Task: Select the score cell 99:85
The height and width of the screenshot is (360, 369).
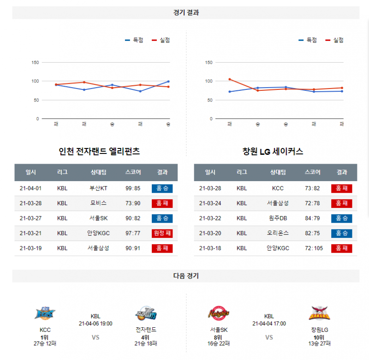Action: pyautogui.click(x=132, y=188)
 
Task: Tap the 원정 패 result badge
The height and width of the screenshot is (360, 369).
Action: pyautogui.click(x=161, y=233)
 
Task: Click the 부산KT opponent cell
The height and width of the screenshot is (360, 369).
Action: pyautogui.click(x=98, y=188)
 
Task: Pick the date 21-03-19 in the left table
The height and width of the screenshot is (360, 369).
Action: pyautogui.click(x=31, y=248)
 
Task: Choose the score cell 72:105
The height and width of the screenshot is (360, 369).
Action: pyautogui.click(x=313, y=248)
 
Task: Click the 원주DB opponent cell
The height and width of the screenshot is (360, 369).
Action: pyautogui.click(x=278, y=218)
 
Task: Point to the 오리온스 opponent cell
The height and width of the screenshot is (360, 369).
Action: pyautogui.click(x=278, y=233)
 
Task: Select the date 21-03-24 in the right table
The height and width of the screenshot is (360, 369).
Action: pyautogui.click(x=210, y=203)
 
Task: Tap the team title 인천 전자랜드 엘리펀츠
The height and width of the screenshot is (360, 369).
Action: pyautogui.click(x=99, y=151)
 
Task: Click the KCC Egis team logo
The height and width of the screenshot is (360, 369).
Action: pyautogui.click(x=45, y=314)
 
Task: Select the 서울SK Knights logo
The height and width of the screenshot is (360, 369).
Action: pyautogui.click(x=218, y=314)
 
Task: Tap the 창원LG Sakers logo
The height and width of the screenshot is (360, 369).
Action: pyautogui.click(x=319, y=314)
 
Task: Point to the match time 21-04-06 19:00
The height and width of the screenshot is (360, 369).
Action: pyautogui.click(x=95, y=324)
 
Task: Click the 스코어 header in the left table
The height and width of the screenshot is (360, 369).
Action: pyautogui.click(x=132, y=172)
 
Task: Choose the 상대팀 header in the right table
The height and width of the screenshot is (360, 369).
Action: pyautogui.click(x=278, y=172)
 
